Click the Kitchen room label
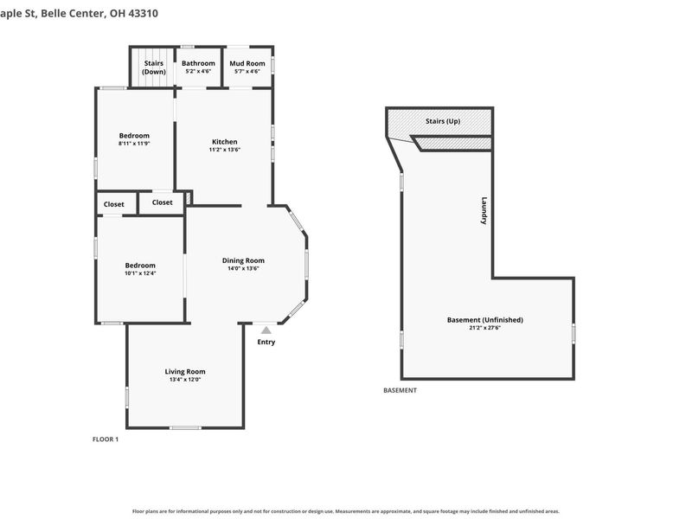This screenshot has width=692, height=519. pos(225,142)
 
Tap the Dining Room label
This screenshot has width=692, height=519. pos(243,260)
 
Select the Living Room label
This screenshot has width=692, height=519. pos(185,372)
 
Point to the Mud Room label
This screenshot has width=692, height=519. pos(247,63)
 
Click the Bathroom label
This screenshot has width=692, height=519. pos(198,63)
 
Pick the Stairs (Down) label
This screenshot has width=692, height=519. pos(154,67)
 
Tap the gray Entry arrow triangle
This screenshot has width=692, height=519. pos(266,330)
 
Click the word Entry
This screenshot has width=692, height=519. pos(266,342)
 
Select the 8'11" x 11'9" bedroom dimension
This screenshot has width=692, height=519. pos(134,144)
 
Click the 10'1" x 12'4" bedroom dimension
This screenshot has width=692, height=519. pos(140,273)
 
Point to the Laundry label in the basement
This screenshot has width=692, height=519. pos(484,210)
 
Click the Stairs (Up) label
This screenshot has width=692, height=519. pos(443,121)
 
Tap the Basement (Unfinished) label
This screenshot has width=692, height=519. pos(485,320)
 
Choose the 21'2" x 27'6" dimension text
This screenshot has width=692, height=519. pos(485,328)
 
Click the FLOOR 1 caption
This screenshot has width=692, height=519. pos(106,439)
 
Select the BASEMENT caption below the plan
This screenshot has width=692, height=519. pos(400,390)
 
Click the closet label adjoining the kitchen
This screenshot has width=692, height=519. pos(162,202)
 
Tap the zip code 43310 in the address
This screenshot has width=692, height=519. pos(143,13)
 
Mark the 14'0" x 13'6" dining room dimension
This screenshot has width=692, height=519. pos(243,268)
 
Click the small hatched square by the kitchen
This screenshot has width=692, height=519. pos(189,198)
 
